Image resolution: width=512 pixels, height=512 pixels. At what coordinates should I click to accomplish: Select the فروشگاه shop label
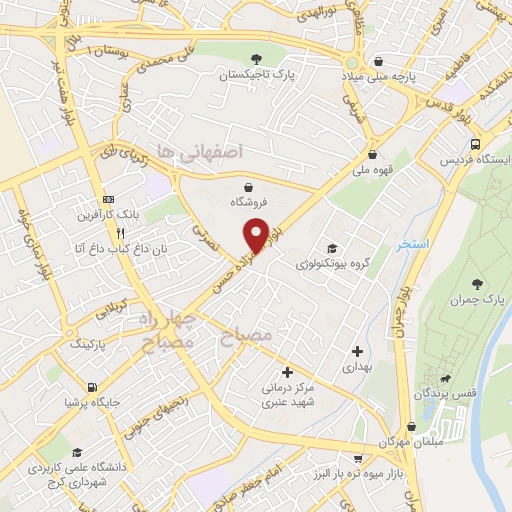point(247,201)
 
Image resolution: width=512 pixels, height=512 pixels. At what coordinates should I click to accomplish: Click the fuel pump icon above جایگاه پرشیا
point(92,386)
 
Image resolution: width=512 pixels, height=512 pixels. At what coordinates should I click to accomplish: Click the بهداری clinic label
point(357,367)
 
